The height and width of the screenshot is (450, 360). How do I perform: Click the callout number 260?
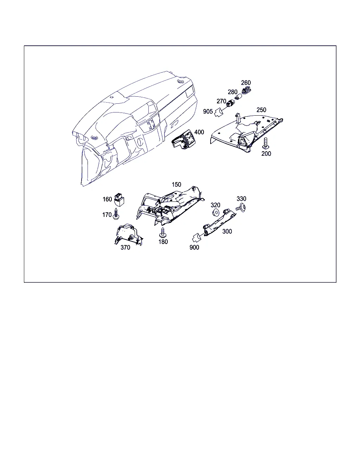tap(246, 83)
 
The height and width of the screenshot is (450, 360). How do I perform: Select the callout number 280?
tap(232, 92)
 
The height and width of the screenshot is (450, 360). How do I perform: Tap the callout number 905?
tap(208, 111)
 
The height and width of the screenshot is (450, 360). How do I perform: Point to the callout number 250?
tap(261, 110)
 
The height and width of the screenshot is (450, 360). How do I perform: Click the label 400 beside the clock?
tap(199, 132)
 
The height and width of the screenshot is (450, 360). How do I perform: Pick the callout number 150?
tap(176, 185)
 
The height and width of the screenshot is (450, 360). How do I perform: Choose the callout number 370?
tap(125, 247)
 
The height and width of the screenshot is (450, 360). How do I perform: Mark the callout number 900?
tap(194, 247)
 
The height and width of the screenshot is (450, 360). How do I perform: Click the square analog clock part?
tap(184, 139)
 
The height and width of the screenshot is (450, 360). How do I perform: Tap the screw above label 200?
tap(266, 143)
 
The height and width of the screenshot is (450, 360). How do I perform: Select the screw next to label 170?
tap(116, 214)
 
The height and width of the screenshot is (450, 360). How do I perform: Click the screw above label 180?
tap(163, 232)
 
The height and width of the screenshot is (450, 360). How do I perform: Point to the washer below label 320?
tap(216, 213)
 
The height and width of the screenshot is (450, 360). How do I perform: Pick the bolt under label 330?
tap(241, 208)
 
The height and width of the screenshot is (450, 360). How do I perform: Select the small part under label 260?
tap(246, 90)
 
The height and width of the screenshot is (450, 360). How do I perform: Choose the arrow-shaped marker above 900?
tap(197, 238)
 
